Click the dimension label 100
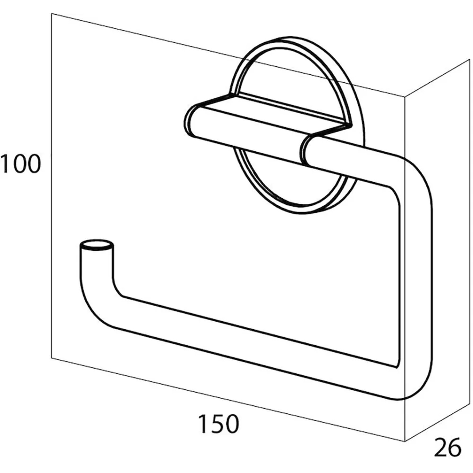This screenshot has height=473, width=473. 20,164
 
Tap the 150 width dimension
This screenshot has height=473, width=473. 218,424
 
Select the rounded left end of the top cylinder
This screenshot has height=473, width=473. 191,121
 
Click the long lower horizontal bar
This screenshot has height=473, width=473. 252,347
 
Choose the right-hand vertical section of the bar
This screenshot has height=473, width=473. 416,284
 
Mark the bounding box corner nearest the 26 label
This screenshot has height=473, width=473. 405,441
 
